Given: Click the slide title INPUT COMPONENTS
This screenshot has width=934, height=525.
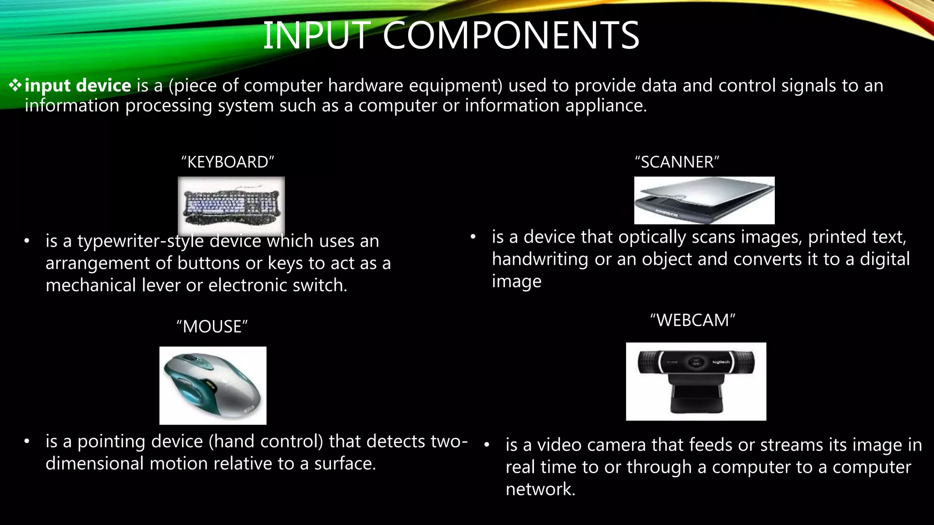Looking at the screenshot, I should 451,36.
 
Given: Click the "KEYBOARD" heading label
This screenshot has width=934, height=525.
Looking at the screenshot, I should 228,162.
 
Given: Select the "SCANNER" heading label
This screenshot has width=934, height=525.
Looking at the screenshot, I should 677,162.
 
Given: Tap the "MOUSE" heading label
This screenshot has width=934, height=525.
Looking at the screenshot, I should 212,327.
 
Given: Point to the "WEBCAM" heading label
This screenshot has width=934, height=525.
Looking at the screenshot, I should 692,320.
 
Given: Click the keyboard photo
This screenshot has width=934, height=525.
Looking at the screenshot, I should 231,206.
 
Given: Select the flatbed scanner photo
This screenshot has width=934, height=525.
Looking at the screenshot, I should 704,201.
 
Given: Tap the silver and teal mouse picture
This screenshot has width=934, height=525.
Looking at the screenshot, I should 213,386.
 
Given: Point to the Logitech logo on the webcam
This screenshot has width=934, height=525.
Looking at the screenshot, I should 721,362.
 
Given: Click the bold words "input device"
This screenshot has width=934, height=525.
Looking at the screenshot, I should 78,86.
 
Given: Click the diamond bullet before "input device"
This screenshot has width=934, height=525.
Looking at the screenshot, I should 15,85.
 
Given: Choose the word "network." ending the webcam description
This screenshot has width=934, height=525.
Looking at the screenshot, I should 540,489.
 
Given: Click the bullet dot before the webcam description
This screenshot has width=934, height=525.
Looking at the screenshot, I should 487,445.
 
